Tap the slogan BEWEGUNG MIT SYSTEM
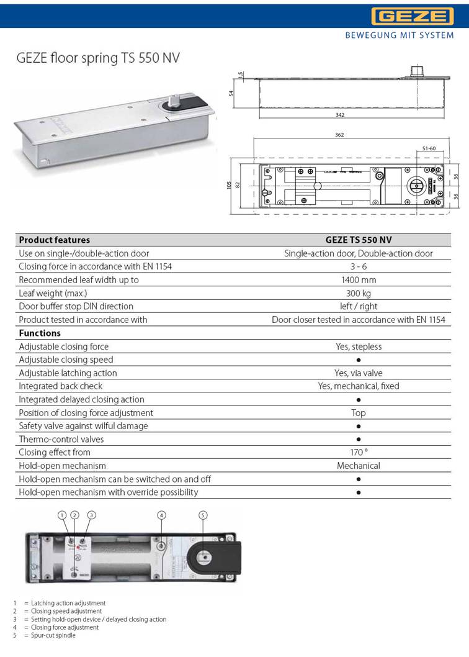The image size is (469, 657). pyautogui.click(x=399, y=35)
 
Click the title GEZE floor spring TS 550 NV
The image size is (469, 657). pyautogui.click(x=97, y=58)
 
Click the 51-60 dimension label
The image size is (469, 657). pyautogui.click(x=429, y=148)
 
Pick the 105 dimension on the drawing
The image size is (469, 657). pyautogui.click(x=229, y=185)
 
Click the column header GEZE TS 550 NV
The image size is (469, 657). pyautogui.click(x=358, y=240)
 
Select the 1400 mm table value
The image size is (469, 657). pyautogui.click(x=359, y=279)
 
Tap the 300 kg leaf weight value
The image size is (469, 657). pyautogui.click(x=359, y=293)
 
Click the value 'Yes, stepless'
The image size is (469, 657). pyautogui.click(x=359, y=347)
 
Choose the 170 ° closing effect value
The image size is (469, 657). pyautogui.click(x=359, y=452)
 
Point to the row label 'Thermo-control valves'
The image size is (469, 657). pyautogui.click(x=61, y=439)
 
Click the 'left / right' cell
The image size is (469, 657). pyautogui.click(x=359, y=306)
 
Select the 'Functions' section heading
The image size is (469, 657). pyautogui.click(x=40, y=333)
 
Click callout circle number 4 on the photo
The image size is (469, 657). pyautogui.click(x=161, y=515)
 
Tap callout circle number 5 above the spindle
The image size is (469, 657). pyautogui.click(x=203, y=515)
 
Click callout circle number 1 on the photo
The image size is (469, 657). pyautogui.click(x=62, y=515)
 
